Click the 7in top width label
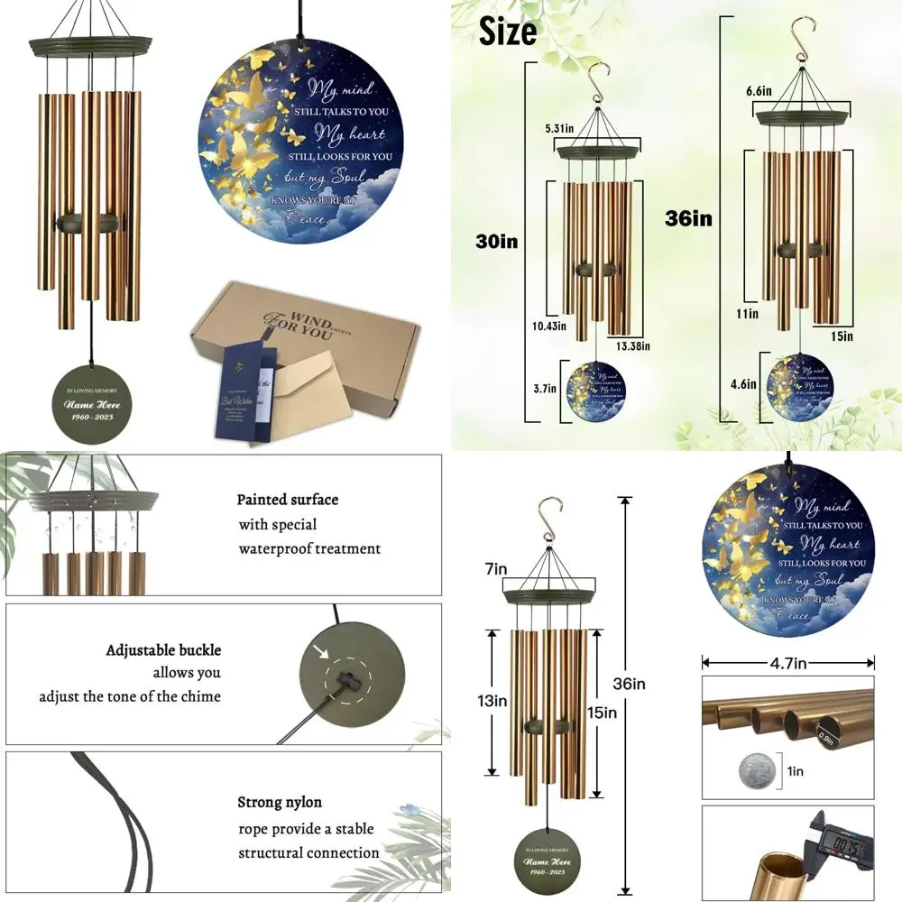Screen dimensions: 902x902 [x=496, y=571]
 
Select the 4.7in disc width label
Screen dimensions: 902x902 [x=787, y=661]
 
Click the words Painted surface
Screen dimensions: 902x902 [x=288, y=500]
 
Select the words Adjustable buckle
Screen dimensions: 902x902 [x=163, y=649]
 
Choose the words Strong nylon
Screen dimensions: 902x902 [x=280, y=802]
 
